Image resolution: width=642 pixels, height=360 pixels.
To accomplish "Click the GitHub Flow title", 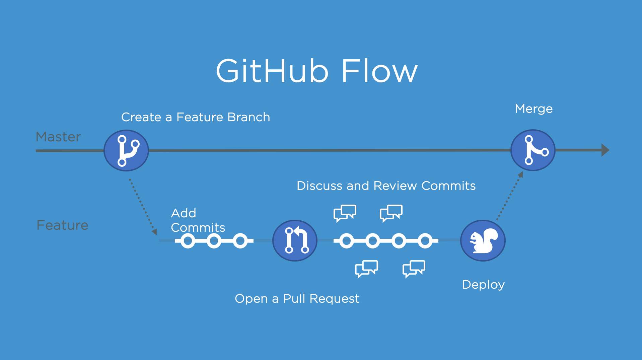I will [x=316, y=71].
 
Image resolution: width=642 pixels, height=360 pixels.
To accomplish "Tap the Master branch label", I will [x=58, y=137].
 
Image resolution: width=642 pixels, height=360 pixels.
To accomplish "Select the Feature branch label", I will [x=62, y=225].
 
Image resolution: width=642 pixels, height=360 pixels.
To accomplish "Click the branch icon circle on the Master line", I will [x=126, y=150].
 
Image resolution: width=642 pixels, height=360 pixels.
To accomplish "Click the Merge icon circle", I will [x=533, y=150].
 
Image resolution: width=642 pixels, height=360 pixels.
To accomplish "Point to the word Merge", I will [x=533, y=109].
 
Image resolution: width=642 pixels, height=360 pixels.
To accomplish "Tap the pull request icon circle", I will [x=295, y=240].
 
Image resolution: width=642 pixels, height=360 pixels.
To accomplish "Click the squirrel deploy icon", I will [x=483, y=240].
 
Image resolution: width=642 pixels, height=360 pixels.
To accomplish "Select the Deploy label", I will [x=483, y=285].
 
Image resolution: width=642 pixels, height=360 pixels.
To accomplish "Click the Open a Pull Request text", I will [x=297, y=298].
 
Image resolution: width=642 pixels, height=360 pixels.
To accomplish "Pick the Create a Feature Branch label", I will [x=195, y=117].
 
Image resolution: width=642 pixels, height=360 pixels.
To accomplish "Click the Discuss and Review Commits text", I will [x=386, y=186].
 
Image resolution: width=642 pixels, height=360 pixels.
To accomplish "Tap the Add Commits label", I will [x=198, y=220].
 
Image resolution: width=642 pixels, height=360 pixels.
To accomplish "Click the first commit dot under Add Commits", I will [x=188, y=241].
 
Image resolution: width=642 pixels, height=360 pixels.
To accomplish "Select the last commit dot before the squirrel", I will [x=425, y=241].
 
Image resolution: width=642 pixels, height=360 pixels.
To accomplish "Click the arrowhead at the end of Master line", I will [x=605, y=150].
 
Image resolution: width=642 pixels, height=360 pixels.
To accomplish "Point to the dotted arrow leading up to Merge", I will [x=509, y=196].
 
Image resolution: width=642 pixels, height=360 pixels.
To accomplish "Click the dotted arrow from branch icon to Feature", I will [x=142, y=206].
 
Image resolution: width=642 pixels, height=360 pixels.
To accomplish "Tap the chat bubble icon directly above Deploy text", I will [x=414, y=268].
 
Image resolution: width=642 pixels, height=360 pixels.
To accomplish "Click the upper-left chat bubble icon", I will [x=345, y=213].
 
